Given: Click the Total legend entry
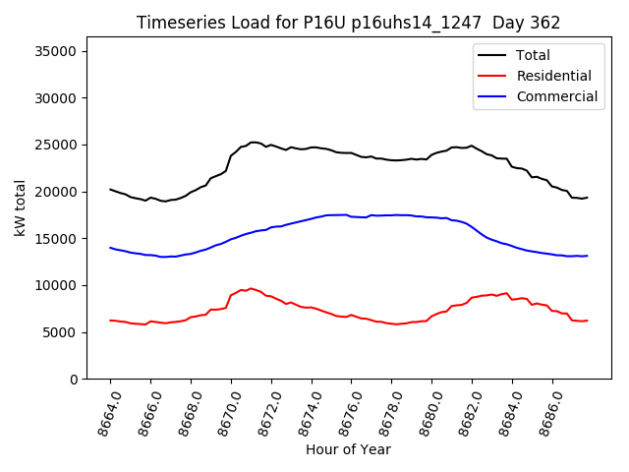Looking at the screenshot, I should [x=534, y=55].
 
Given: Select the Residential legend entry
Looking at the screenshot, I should [x=554, y=76].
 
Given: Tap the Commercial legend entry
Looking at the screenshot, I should [x=557, y=96].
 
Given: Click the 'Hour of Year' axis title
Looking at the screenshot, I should [x=348, y=449].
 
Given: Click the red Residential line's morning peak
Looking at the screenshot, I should [x=251, y=288].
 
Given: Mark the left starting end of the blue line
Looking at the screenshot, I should [x=110, y=248].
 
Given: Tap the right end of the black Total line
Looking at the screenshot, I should [x=587, y=198].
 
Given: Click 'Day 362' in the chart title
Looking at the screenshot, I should [x=529, y=23].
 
